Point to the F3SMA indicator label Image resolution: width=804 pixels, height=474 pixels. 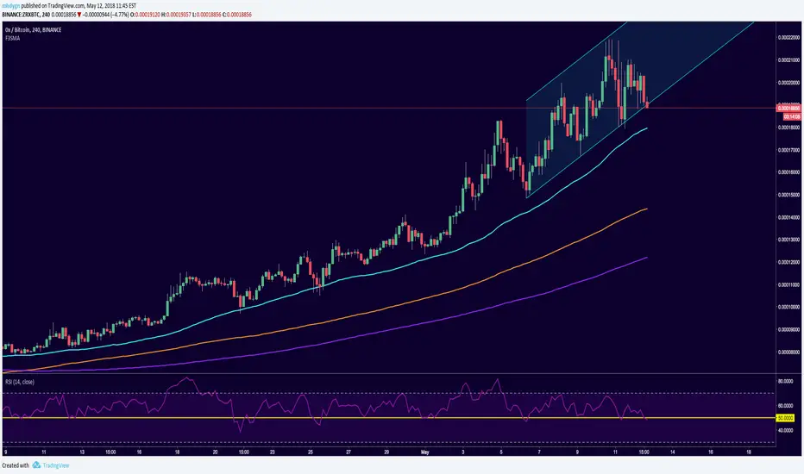coord(12,40)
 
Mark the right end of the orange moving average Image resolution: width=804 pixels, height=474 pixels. coord(647,209)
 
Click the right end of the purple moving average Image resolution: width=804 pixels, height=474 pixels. coord(647,257)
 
